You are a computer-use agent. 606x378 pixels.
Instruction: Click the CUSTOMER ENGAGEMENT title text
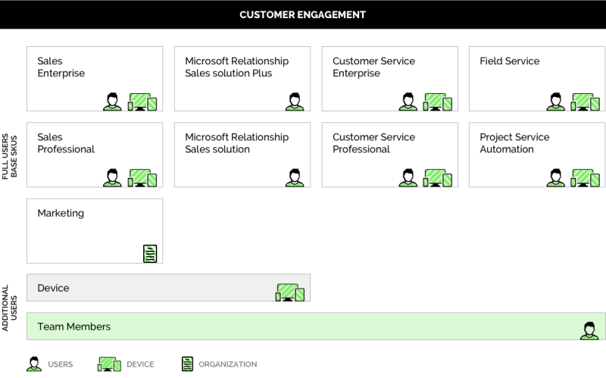302,14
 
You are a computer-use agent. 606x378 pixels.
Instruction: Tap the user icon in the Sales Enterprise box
112,102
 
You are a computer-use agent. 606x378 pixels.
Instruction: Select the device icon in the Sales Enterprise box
142,102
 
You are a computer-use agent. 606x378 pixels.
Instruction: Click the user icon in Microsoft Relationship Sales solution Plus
295,102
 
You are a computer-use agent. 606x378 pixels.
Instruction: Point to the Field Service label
509,61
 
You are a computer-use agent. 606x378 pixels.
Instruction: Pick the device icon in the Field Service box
585,102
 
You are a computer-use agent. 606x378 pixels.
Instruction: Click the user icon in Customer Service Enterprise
408,102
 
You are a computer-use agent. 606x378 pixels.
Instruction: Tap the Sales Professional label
66,143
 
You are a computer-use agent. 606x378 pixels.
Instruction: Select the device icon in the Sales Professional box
142,178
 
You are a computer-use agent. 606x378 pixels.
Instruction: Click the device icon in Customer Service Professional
438,178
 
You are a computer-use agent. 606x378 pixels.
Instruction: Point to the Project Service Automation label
514,143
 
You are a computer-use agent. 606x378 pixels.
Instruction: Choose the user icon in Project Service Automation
556,178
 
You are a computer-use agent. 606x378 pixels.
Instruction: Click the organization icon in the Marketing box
150,254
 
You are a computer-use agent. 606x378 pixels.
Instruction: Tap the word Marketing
61,214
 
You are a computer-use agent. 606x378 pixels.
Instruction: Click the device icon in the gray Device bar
290,292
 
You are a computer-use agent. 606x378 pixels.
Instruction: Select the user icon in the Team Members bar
589,331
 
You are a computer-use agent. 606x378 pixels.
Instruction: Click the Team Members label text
73,326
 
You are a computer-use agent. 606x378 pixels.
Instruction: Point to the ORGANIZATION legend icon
187,364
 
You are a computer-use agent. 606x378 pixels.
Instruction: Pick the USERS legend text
61,364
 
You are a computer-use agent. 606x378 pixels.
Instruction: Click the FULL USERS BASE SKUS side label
10,157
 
